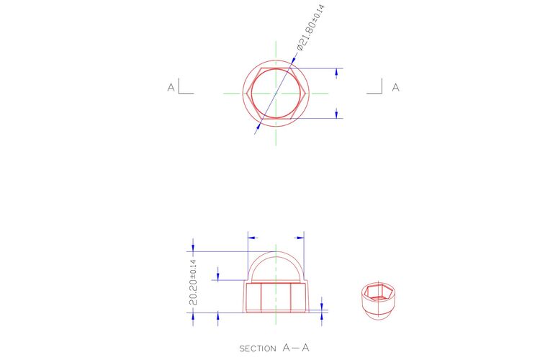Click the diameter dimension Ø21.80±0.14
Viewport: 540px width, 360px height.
[310, 27]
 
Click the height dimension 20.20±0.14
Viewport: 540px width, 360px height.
[194, 282]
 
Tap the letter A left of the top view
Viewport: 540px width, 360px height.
[171, 88]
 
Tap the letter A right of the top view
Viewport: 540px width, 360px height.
[396, 88]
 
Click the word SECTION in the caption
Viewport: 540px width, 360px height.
[258, 348]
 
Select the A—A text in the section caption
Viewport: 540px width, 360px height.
[296, 348]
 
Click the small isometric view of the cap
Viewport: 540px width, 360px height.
[378, 301]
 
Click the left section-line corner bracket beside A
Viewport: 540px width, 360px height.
[186, 86]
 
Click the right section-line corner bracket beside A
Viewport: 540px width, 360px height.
[374, 86]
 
